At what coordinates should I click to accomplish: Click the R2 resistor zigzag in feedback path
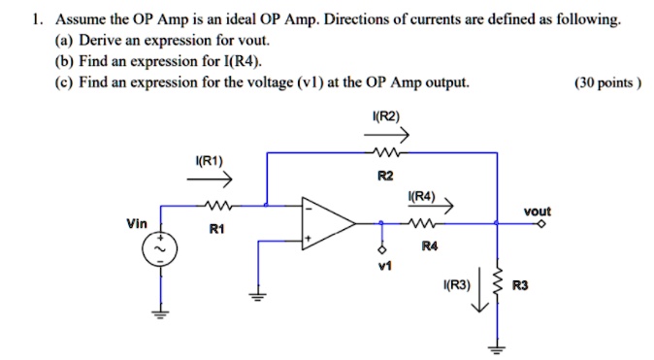[x=386, y=153]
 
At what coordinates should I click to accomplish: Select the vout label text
[x=537, y=211]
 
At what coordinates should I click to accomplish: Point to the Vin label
[x=137, y=223]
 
